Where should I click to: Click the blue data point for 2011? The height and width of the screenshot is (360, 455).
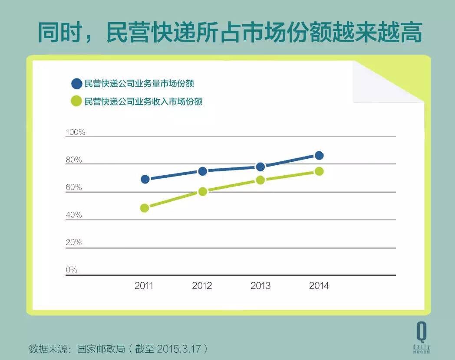(145, 179)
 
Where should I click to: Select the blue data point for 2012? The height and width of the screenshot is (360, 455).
(202, 171)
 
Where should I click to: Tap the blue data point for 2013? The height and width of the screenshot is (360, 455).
(260, 167)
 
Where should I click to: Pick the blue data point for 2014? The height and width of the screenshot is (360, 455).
(319, 155)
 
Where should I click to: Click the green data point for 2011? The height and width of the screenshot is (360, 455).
(145, 208)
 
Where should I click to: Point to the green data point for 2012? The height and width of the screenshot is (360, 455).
(202, 191)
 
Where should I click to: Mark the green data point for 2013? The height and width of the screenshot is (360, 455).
(260, 180)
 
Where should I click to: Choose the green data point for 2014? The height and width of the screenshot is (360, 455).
(319, 171)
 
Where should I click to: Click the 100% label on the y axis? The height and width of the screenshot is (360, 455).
(76, 132)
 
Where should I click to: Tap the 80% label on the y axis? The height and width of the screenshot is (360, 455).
(74, 160)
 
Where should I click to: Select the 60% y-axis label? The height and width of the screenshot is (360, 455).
(74, 187)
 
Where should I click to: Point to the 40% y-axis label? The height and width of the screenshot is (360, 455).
(74, 215)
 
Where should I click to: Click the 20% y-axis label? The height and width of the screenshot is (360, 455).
(74, 242)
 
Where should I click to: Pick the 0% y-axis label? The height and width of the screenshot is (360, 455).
(72, 270)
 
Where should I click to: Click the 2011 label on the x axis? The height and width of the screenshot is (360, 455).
(144, 286)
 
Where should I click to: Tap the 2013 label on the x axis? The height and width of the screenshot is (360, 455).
(260, 286)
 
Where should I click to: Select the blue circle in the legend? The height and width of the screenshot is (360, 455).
(76, 83)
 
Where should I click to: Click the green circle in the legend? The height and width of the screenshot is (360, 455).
(76, 101)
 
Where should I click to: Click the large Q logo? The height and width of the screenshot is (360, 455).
(421, 332)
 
